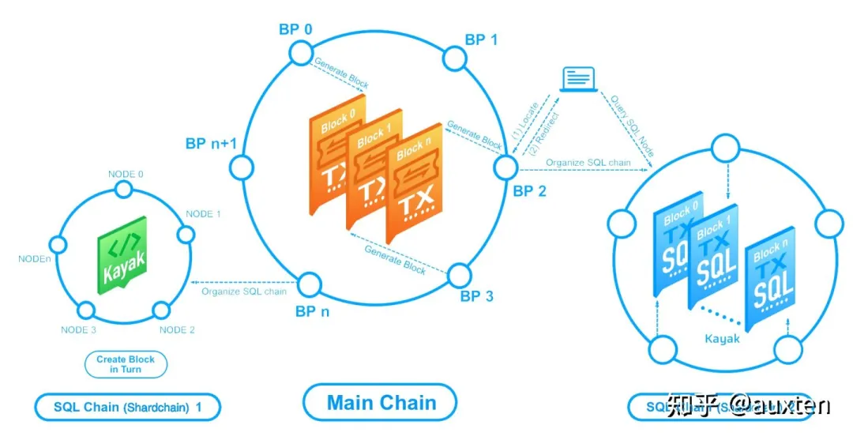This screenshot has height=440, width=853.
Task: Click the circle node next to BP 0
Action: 301,53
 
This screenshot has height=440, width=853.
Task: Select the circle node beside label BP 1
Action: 454,58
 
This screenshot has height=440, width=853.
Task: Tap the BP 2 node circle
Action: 505,167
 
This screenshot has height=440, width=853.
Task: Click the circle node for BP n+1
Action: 239,167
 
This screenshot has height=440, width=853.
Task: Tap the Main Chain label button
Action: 381,403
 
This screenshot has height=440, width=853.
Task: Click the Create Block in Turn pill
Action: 126,364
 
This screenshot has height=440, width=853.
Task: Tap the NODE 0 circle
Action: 123,189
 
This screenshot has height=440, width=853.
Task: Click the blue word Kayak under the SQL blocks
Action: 723,339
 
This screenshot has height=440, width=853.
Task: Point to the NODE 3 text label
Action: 77,330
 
